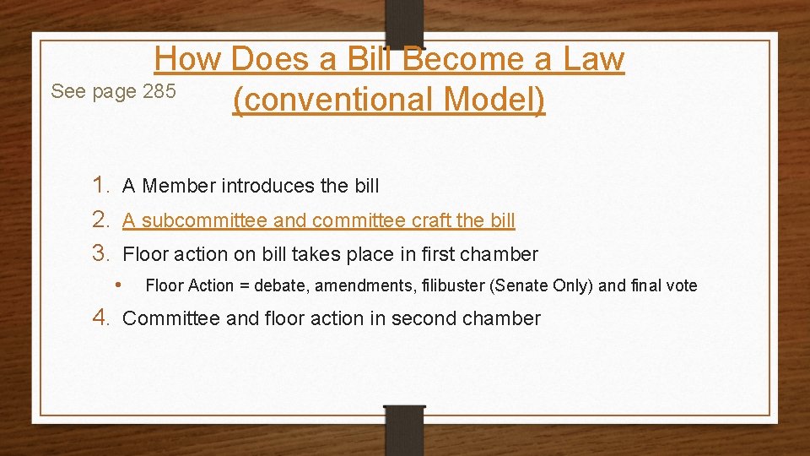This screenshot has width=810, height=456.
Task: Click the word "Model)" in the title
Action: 494,100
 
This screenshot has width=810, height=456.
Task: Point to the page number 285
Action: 159,91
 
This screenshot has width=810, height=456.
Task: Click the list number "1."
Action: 102,184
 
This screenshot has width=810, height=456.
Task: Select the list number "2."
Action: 102,220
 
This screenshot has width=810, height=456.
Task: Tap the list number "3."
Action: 102,253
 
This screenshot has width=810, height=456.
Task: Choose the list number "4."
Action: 102,318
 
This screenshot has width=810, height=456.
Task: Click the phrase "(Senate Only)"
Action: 542,285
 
